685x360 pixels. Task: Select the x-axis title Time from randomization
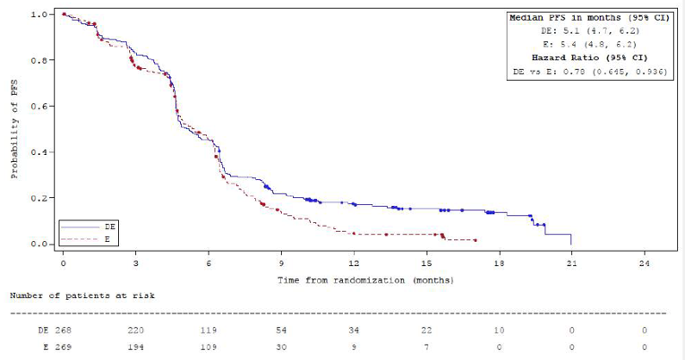coord(364,280)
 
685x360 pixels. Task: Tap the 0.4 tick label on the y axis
coord(39,152)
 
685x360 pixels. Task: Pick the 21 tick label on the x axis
coord(571,266)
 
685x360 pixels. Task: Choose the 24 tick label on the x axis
coord(644,266)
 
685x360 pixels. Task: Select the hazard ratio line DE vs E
coord(588,71)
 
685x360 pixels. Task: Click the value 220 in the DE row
coord(135,330)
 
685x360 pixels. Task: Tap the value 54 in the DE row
coord(281,330)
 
